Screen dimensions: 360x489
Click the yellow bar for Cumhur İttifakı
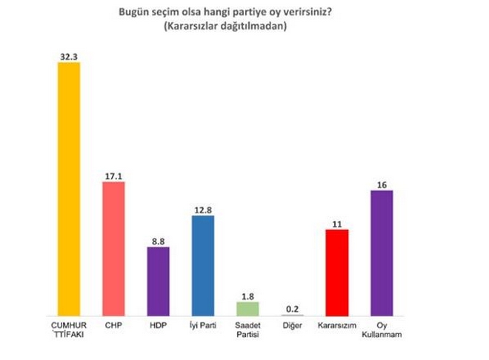[69, 189]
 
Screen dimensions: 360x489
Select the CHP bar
[113, 249]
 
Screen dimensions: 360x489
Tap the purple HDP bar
[158, 281]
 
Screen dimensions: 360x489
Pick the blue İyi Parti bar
[202, 265]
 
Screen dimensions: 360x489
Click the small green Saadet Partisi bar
[247, 308]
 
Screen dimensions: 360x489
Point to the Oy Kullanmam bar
[381, 253]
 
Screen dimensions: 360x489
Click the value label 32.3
[69, 55]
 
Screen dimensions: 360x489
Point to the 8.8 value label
[158, 239]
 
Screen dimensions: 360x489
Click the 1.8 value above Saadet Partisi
[247, 294]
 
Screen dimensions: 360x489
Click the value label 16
[381, 182]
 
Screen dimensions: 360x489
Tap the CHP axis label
[113, 324]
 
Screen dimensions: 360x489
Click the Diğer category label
[292, 324]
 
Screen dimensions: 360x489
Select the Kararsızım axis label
[336, 324]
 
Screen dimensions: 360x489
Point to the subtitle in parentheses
[220, 26]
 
